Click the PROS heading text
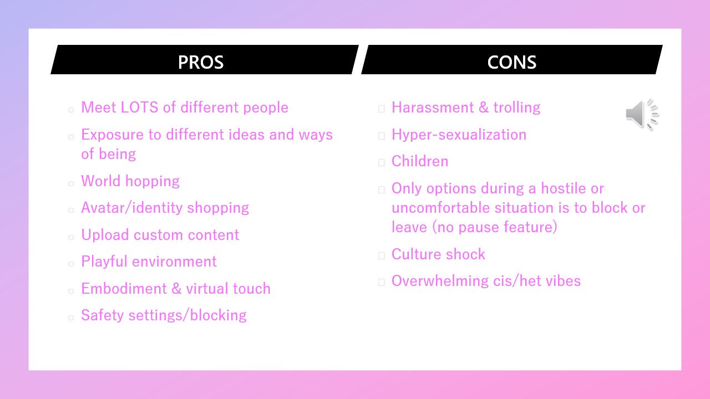pyautogui.click(x=201, y=62)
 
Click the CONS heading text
pyautogui.click(x=511, y=62)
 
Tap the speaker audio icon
pyautogui.click(x=642, y=114)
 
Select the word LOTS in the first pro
pyautogui.click(x=139, y=108)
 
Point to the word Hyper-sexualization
pyautogui.click(x=459, y=135)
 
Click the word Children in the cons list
pyautogui.click(x=420, y=161)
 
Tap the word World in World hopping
pyautogui.click(x=101, y=181)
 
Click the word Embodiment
pyautogui.click(x=124, y=289)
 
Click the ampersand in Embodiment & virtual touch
pyautogui.click(x=176, y=289)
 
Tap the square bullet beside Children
pyautogui.click(x=382, y=162)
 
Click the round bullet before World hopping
pyautogui.click(x=71, y=183)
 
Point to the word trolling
pyautogui.click(x=516, y=108)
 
